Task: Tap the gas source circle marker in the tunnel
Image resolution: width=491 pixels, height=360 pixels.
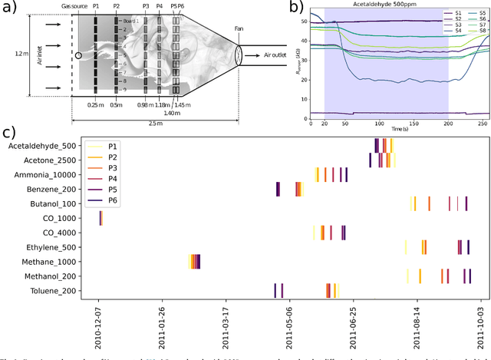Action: tap(78, 55)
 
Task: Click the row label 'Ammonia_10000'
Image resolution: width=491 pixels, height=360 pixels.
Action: tap(51, 174)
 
